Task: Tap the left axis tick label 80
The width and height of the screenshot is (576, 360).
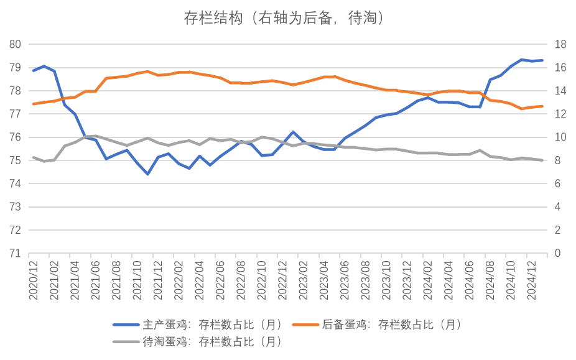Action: point(16,44)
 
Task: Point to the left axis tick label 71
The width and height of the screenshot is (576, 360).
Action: point(16,254)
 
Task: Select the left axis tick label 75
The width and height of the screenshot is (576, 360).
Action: point(16,160)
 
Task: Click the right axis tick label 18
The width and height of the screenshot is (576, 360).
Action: point(559,44)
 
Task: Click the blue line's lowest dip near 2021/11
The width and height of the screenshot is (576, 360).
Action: point(147,175)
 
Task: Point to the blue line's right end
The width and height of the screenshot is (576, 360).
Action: point(542,60)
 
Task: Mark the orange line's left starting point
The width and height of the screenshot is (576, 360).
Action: point(33,104)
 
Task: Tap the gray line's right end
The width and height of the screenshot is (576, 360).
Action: point(542,160)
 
